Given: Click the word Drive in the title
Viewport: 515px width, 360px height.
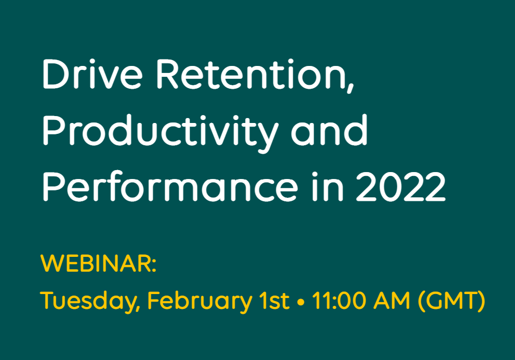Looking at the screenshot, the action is (93, 74).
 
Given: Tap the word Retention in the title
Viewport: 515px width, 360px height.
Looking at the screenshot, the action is (252, 74).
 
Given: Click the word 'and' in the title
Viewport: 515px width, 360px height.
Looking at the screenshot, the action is (329, 130).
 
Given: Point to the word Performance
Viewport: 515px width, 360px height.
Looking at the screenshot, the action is (170, 186).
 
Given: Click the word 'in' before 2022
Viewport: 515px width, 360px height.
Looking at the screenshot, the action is (327, 186).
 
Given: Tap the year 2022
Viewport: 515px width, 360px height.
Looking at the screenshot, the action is (400, 186).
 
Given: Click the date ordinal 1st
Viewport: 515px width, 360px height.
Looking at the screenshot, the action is (274, 300).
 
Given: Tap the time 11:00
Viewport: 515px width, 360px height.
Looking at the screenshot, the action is (339, 300).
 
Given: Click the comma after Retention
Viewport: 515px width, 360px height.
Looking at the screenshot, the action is (351, 88).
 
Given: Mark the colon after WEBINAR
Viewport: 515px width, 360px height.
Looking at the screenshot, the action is (153, 264).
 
